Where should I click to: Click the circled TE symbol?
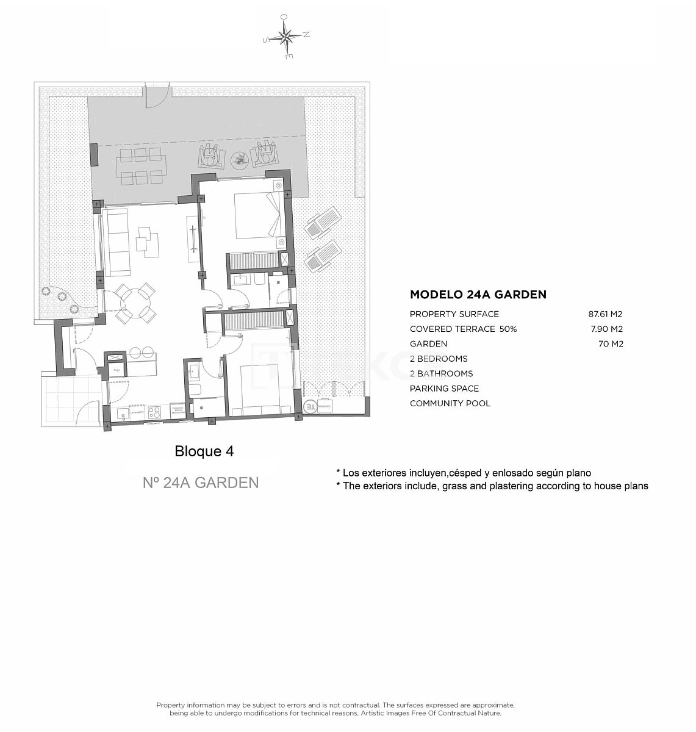(309, 406)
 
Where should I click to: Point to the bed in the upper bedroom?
(256, 215)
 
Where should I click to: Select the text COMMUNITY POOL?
(450, 403)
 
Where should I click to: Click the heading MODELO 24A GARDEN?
(478, 295)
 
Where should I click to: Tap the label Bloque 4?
(204, 451)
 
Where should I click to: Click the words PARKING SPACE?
(444, 389)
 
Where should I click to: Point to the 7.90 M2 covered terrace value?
(607, 329)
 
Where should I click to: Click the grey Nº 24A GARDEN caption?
(201, 483)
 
